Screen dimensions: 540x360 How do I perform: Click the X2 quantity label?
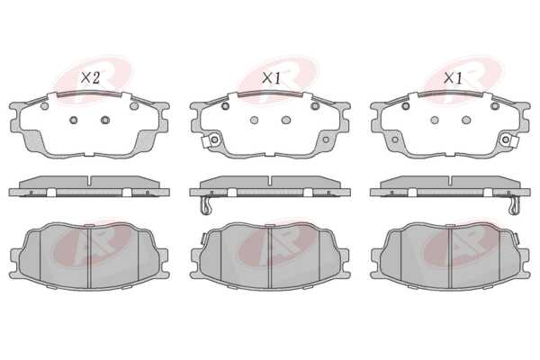(x=90, y=78)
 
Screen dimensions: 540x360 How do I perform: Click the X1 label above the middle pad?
(x=271, y=78)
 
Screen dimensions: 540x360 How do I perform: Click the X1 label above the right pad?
(x=452, y=78)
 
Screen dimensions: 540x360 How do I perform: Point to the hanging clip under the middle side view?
(x=205, y=206)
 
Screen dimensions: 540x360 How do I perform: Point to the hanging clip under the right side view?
(x=515, y=206)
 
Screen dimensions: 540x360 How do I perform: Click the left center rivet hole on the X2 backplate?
(x=74, y=121)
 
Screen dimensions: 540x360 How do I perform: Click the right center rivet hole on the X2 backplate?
(x=105, y=121)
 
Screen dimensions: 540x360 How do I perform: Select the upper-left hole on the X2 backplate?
(x=44, y=106)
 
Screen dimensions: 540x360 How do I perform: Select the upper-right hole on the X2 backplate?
(x=134, y=106)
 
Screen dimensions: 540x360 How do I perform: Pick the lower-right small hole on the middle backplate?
(x=326, y=139)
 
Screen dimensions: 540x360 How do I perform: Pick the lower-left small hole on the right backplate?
(x=395, y=139)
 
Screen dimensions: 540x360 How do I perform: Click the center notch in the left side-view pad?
(x=90, y=180)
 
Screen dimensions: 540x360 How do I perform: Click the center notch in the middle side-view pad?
(x=271, y=180)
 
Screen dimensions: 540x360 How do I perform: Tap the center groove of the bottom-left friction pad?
(x=89, y=257)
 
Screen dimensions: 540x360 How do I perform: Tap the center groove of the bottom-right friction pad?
(x=451, y=257)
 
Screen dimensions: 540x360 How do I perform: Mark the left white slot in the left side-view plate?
(x=51, y=193)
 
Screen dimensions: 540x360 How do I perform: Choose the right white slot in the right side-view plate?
(x=488, y=193)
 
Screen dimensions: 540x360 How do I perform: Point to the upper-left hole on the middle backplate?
(x=225, y=106)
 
